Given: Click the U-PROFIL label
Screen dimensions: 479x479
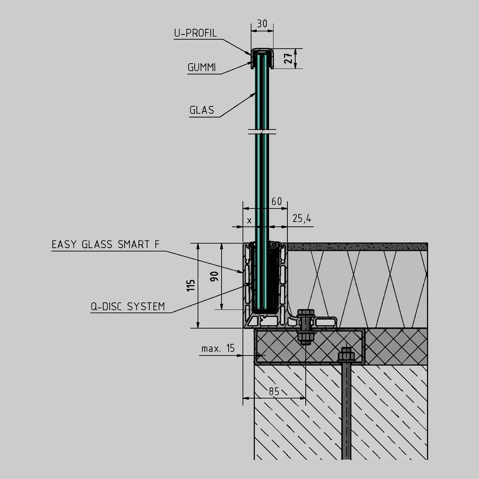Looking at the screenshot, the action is click(x=196, y=33).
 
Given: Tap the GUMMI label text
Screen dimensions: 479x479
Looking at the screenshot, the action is click(x=202, y=67).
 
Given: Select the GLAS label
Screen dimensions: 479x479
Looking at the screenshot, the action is click(x=202, y=110).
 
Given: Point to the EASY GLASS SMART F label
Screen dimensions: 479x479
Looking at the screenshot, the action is click(x=106, y=244).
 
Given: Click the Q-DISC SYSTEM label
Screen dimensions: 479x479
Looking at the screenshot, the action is click(x=128, y=307).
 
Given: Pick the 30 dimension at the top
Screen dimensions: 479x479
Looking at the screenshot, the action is click(x=262, y=24).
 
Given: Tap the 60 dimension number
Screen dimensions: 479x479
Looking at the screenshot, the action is click(x=277, y=201).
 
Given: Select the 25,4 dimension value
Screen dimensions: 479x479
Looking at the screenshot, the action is click(x=302, y=219).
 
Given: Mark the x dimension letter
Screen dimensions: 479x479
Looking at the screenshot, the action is click(x=249, y=220).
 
